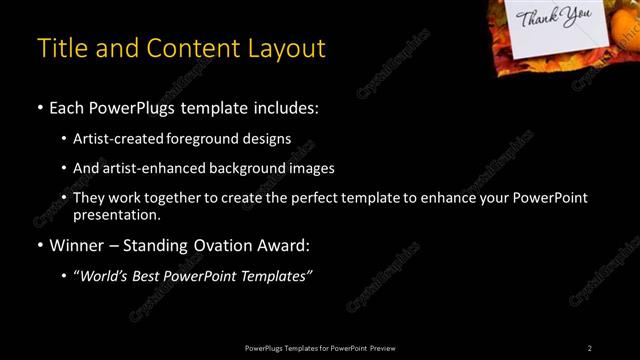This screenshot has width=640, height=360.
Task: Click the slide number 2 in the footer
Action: [x=590, y=348]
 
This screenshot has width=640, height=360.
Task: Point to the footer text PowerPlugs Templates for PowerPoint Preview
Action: [x=320, y=348]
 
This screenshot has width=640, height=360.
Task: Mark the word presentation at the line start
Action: [x=115, y=214]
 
